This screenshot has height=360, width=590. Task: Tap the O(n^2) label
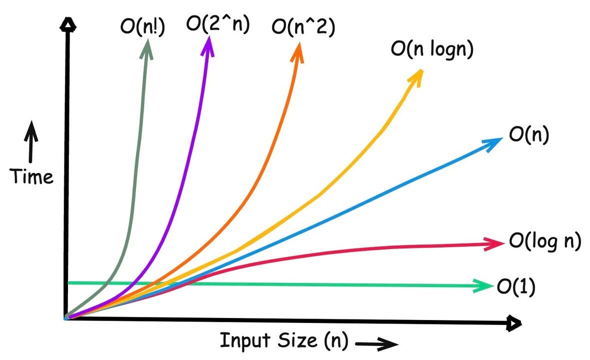302,25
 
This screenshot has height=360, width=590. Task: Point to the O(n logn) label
431,50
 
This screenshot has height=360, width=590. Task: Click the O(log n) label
545,241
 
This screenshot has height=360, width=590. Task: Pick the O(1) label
515,286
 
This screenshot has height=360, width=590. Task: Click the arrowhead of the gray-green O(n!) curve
148,45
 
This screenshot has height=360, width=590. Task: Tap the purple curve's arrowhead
208,45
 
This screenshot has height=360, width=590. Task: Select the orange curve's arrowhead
298,50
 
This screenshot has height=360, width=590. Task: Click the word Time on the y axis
32,176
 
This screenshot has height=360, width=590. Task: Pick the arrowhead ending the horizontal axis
513,324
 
